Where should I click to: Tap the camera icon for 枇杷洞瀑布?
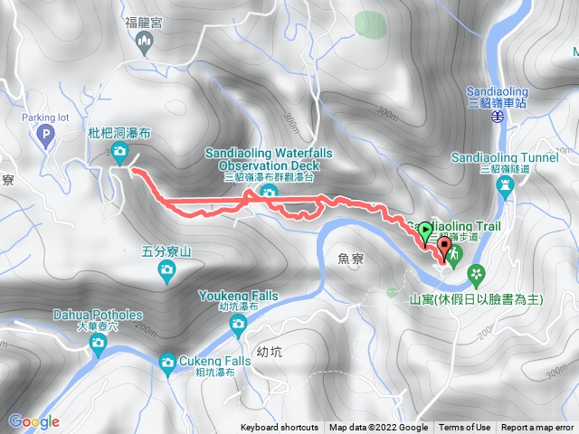tap(119, 152)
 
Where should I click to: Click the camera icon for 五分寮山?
tap(166, 270)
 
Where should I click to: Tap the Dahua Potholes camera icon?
tap(98, 343)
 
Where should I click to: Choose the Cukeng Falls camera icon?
tap(166, 363)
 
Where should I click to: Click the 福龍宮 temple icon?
tap(144, 41)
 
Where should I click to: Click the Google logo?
tap(33, 421)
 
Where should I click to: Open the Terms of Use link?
tap(465, 428)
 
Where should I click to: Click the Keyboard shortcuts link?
tap(280, 428)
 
